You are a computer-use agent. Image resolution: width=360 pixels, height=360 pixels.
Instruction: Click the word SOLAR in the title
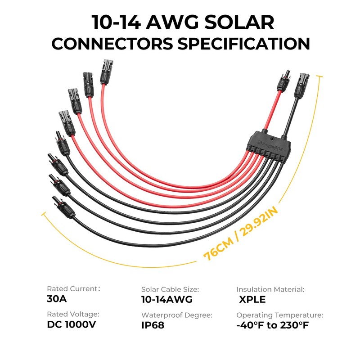[x=239, y=22]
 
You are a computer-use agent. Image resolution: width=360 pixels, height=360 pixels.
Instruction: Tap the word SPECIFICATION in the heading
[x=244, y=44]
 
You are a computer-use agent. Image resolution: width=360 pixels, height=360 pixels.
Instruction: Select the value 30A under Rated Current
[x=57, y=299]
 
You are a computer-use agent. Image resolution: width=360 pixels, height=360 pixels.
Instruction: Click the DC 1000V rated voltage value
[x=72, y=324]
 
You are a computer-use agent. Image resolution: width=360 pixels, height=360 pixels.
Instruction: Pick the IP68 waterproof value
[x=153, y=325]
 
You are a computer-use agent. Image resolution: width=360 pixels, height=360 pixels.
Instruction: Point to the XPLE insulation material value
[x=252, y=299]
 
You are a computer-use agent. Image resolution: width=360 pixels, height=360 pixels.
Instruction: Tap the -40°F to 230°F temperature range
[x=273, y=325]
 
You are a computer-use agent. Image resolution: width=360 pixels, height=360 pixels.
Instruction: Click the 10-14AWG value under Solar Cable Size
[x=167, y=299]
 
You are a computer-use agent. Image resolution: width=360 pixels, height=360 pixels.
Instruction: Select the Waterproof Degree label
[x=177, y=315]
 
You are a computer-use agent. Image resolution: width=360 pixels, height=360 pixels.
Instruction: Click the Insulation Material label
[x=270, y=289]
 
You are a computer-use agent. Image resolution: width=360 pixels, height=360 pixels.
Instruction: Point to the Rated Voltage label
[x=73, y=314]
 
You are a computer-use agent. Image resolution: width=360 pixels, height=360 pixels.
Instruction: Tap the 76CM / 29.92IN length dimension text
[x=241, y=234]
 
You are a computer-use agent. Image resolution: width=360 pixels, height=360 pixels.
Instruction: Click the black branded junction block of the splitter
[x=269, y=144]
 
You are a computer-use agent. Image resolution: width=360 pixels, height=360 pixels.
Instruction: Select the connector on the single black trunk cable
[x=301, y=85]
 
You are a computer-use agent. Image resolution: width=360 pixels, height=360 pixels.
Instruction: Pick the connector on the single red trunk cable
[x=283, y=81]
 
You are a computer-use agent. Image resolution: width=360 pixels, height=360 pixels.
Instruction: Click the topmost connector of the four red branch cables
[x=106, y=72]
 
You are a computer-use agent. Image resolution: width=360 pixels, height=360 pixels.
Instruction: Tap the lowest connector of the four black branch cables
[x=63, y=207]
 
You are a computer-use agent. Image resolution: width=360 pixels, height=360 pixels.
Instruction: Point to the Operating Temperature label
[x=279, y=315]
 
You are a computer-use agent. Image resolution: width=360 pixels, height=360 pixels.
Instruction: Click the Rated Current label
[x=73, y=288]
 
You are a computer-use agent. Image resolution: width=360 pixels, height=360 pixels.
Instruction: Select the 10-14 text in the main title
[x=116, y=22]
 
